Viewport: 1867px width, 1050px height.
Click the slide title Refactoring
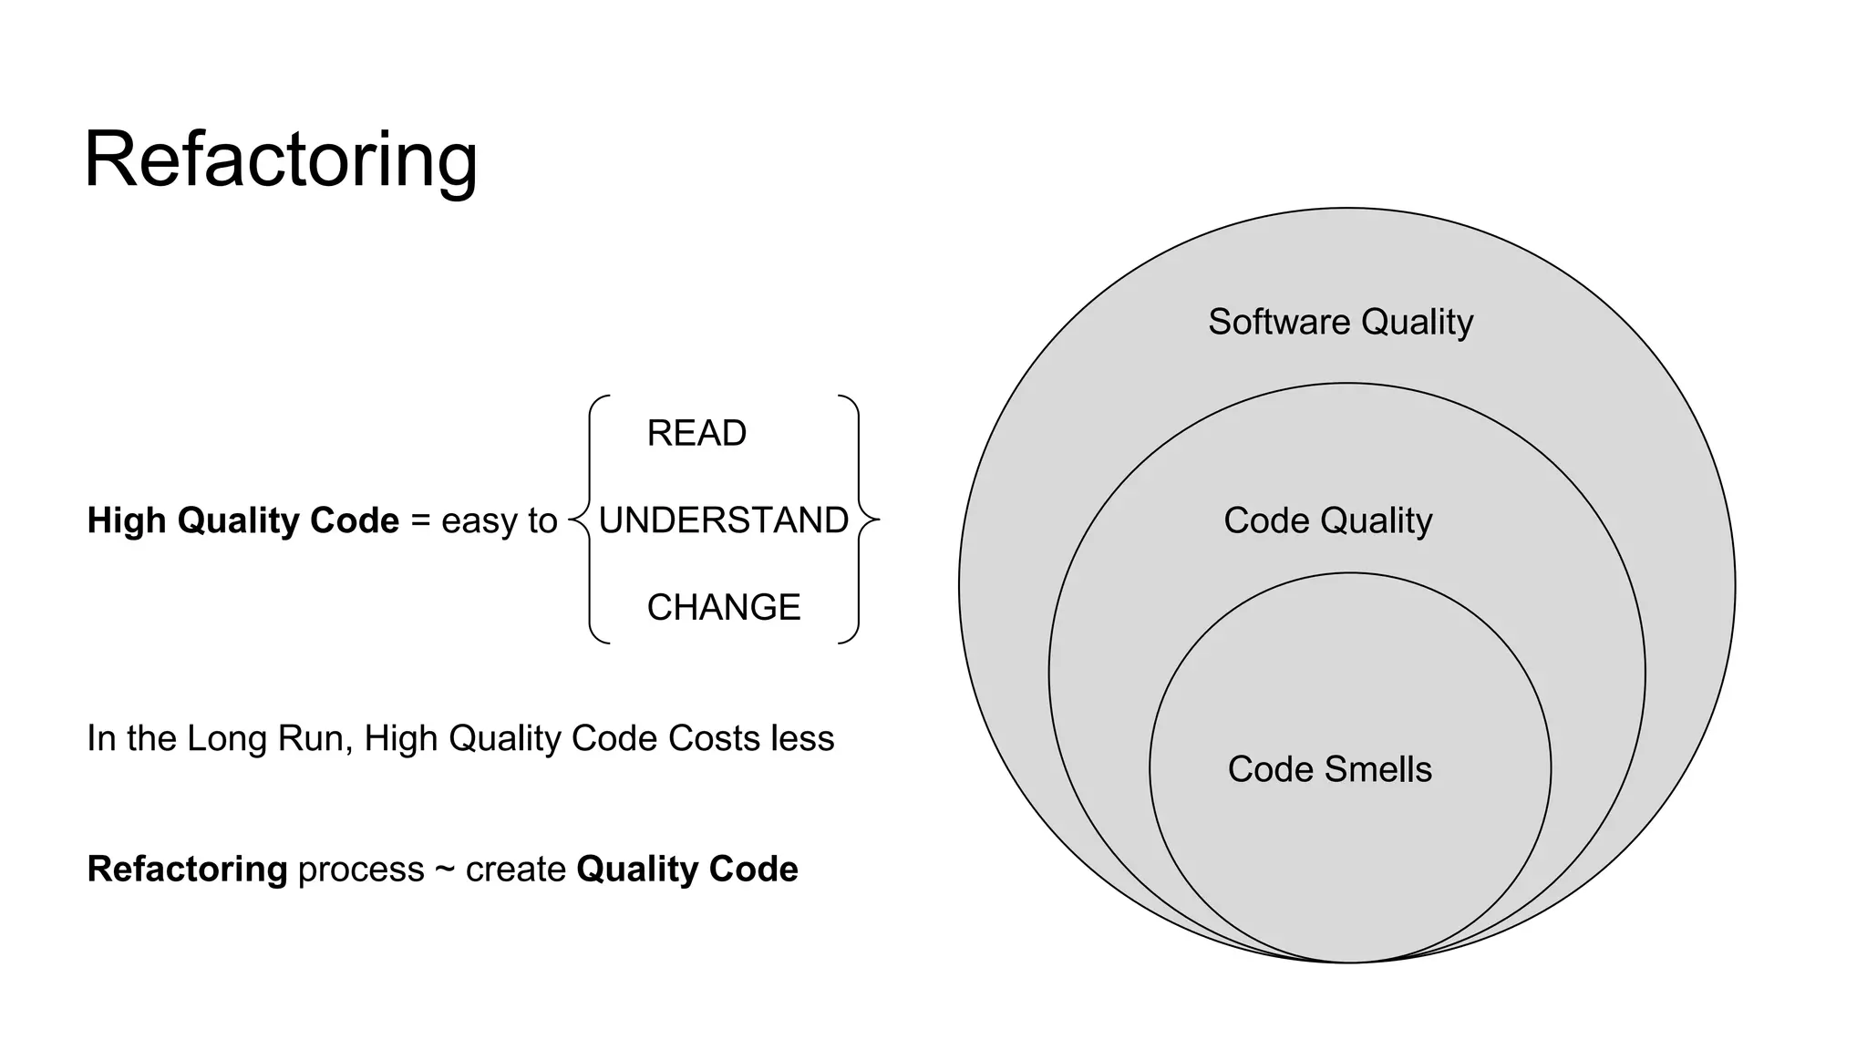280,160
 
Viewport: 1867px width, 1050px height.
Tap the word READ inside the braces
696,433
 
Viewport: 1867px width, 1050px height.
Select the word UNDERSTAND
723,520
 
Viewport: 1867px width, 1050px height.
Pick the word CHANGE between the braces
724,607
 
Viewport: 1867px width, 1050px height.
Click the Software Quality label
1340,322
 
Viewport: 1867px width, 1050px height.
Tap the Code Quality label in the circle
1327,520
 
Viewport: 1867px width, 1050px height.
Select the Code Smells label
1329,769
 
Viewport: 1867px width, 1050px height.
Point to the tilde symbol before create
445,870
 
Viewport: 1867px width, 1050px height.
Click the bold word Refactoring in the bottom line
187,870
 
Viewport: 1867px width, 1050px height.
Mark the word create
516,870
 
